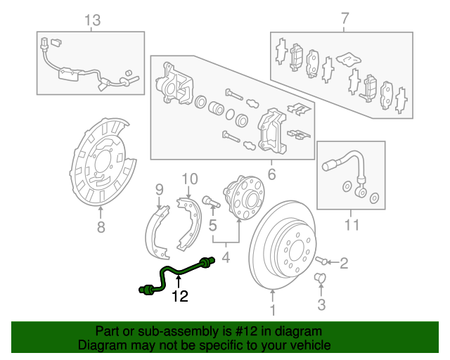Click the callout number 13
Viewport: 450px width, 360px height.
93,20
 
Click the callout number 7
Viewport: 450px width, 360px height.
344,20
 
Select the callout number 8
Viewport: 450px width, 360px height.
101,226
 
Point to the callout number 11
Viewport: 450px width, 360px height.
352,225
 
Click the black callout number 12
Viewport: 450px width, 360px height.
180,297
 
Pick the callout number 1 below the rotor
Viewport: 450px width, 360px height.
274,307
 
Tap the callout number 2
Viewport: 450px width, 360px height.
344,264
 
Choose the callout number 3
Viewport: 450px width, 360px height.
321,304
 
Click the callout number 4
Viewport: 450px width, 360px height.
226,259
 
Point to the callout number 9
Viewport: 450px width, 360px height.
159,188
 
